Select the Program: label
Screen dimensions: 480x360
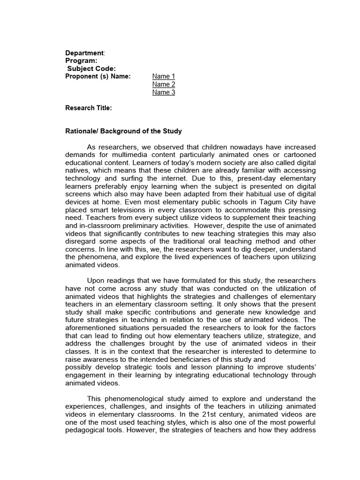(81, 60)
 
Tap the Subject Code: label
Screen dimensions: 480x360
(90, 68)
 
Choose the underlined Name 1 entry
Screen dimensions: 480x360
(164, 76)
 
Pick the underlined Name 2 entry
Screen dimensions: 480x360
(164, 84)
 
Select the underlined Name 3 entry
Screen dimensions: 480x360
(164, 92)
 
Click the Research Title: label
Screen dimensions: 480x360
(88, 108)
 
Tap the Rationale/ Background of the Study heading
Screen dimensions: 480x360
(123, 131)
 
